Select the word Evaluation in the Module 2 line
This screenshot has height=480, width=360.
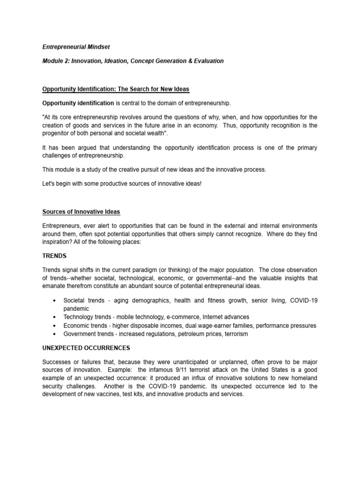[207, 61]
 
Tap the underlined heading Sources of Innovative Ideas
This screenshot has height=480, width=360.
[81, 212]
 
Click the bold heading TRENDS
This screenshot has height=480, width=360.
[54, 256]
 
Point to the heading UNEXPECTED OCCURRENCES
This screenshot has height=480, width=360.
[86, 348]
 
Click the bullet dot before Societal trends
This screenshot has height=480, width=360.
[56, 300]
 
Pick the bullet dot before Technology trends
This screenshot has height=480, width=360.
[56, 317]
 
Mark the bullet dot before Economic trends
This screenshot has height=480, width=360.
[56, 326]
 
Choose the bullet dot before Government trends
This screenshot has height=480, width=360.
[56, 334]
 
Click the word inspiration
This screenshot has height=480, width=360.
[58, 242]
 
